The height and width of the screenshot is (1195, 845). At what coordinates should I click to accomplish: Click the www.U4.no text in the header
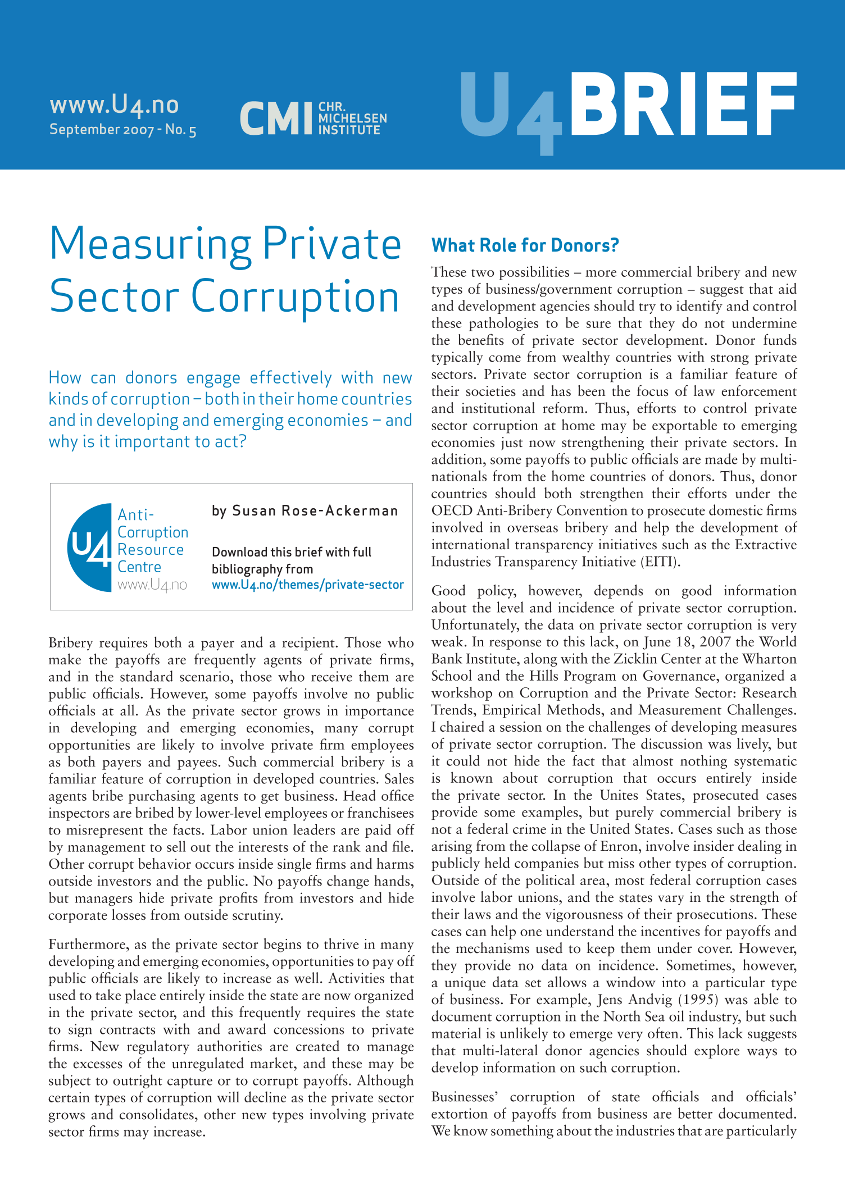[x=114, y=105]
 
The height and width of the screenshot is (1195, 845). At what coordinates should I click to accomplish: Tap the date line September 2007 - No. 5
[x=122, y=130]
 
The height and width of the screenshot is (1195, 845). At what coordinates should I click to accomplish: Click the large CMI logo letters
[x=275, y=118]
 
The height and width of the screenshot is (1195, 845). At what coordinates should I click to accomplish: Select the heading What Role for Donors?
[x=525, y=245]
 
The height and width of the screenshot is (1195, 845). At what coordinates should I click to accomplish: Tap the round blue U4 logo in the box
[x=90, y=548]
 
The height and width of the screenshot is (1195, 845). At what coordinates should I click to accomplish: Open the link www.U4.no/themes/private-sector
[x=307, y=585]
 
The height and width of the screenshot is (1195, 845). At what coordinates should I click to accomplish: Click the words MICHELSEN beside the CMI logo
[x=352, y=118]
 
